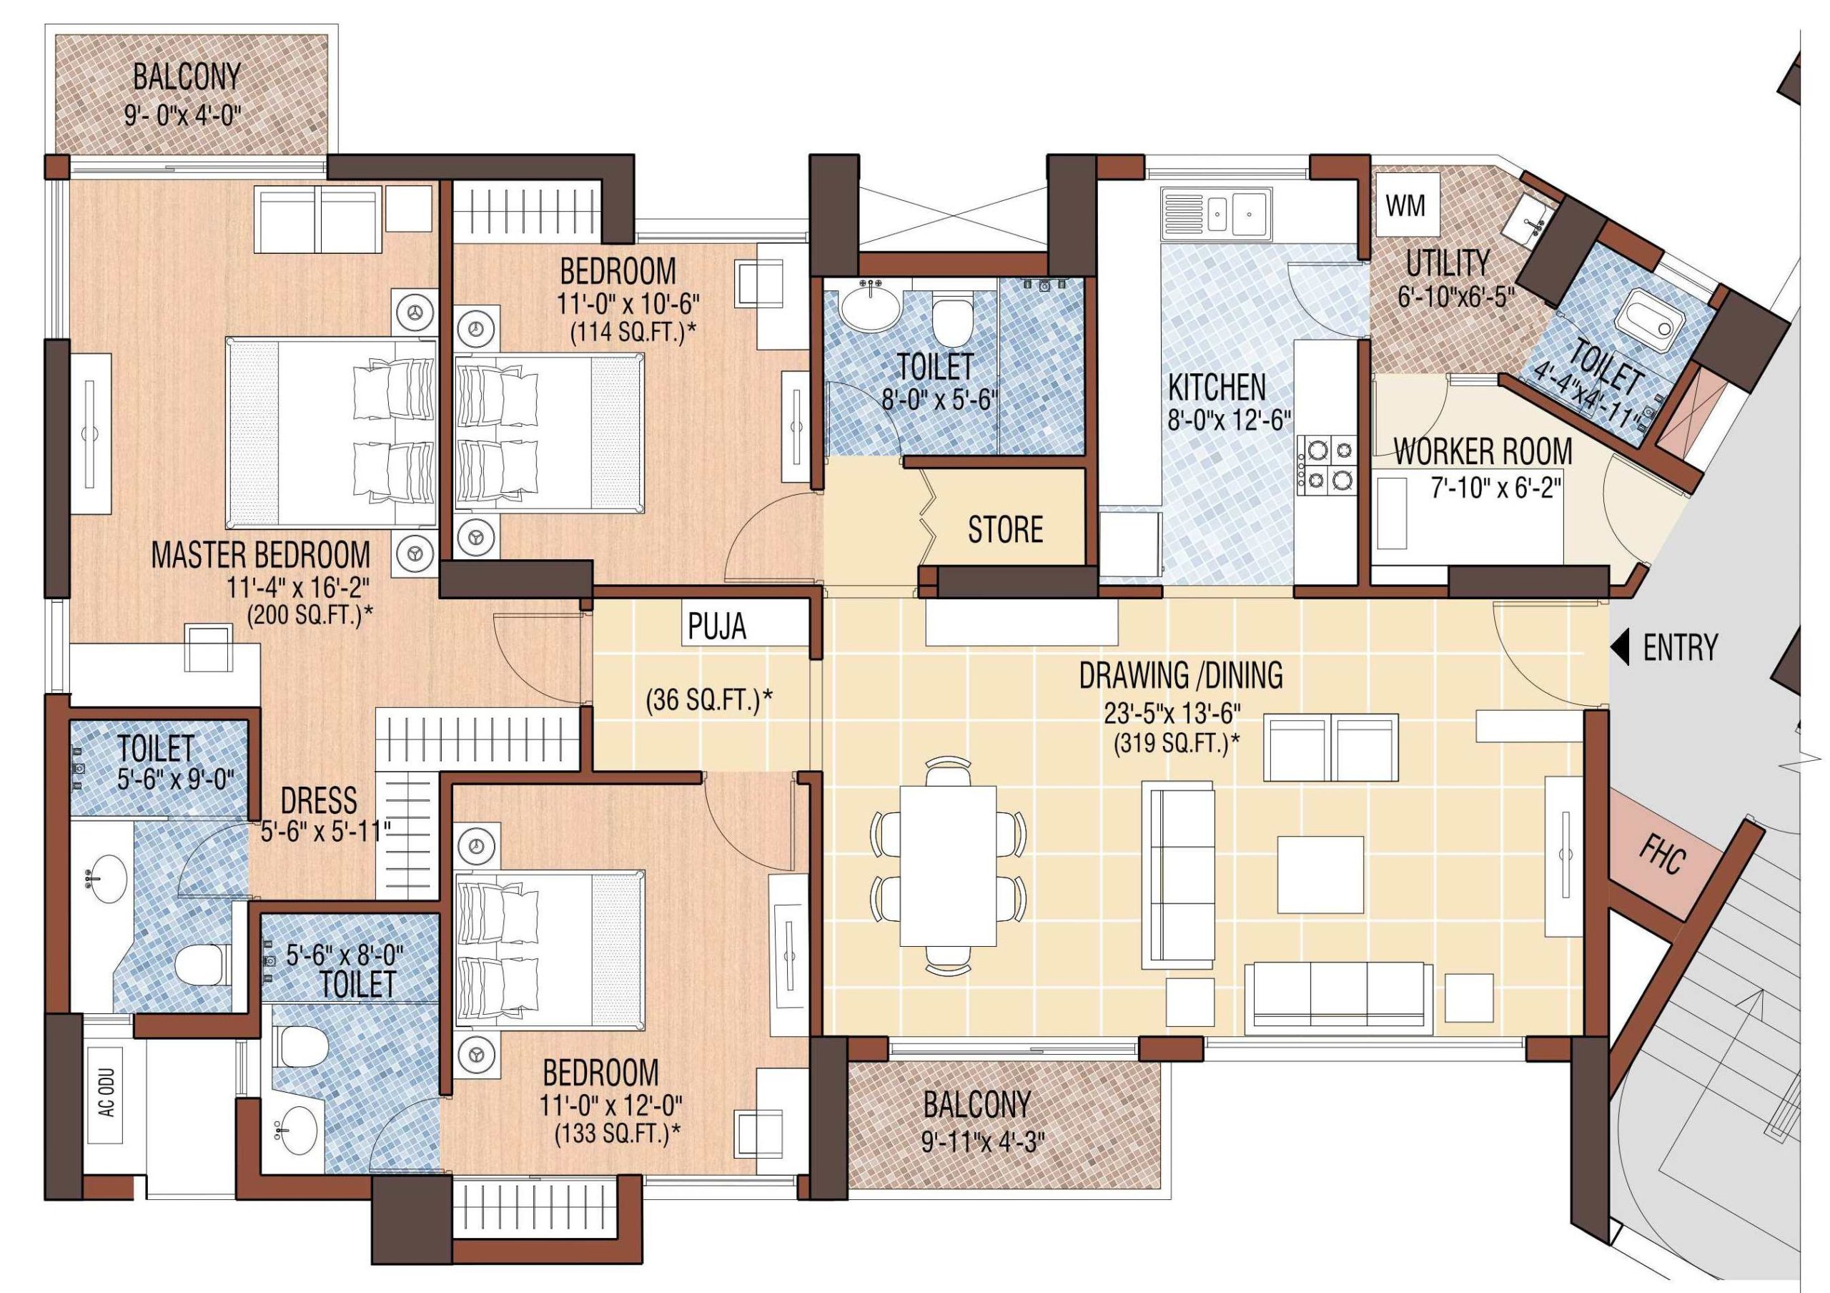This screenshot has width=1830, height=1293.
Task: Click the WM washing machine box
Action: pos(1405,206)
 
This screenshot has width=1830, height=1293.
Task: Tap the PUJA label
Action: pos(716,626)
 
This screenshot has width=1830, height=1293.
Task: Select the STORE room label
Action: pos(1004,529)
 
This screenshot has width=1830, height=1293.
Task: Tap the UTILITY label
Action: pos(1447,263)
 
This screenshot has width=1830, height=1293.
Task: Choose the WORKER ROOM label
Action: pos(1482,452)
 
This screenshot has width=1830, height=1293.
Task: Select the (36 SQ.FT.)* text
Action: pos(708,701)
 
